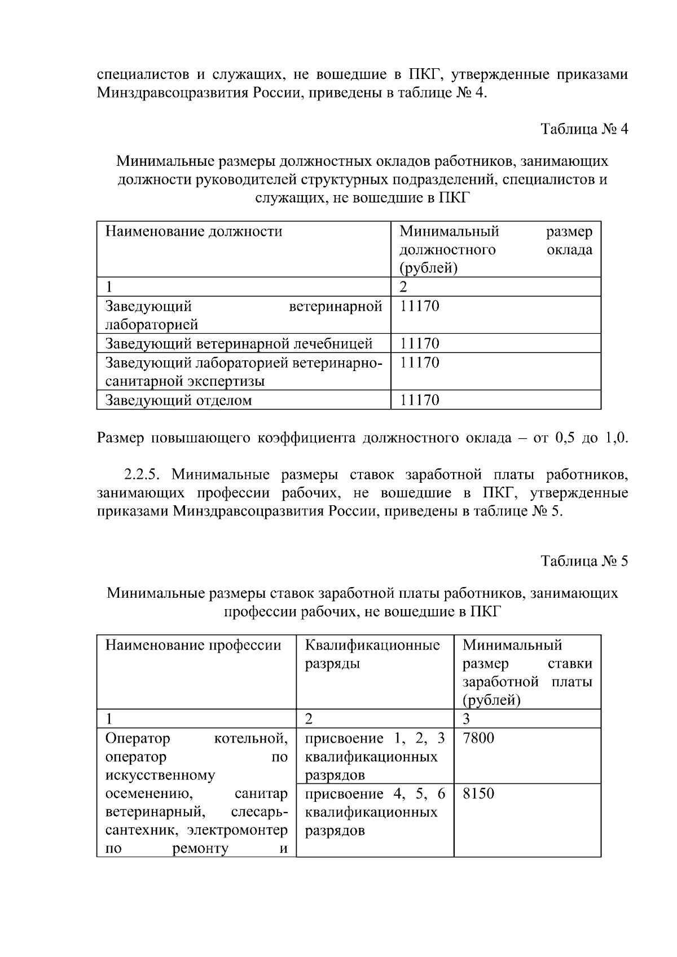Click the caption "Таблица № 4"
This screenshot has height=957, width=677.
tap(584, 129)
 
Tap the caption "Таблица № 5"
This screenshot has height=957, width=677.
tap(584, 561)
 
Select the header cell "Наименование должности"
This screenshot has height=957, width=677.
tap(194, 232)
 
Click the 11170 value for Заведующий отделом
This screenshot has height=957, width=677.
tap(419, 400)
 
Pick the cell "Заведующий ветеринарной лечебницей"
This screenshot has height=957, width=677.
tap(239, 343)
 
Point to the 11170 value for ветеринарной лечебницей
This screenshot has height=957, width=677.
tap(419, 343)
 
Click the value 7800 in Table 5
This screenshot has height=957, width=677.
tap(478, 738)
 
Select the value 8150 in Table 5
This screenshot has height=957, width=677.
tap(478, 793)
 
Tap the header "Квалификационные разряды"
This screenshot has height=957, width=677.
tap(372, 654)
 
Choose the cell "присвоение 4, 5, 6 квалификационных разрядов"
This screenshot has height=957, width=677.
tap(375, 812)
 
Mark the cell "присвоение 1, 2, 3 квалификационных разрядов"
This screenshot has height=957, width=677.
tap(375, 756)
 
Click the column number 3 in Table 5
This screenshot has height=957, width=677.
tap(466, 718)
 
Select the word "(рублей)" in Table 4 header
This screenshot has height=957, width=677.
tap(428, 268)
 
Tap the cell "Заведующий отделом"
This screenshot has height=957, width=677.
tap(178, 400)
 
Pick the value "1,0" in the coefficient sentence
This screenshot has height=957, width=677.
tap(616, 438)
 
